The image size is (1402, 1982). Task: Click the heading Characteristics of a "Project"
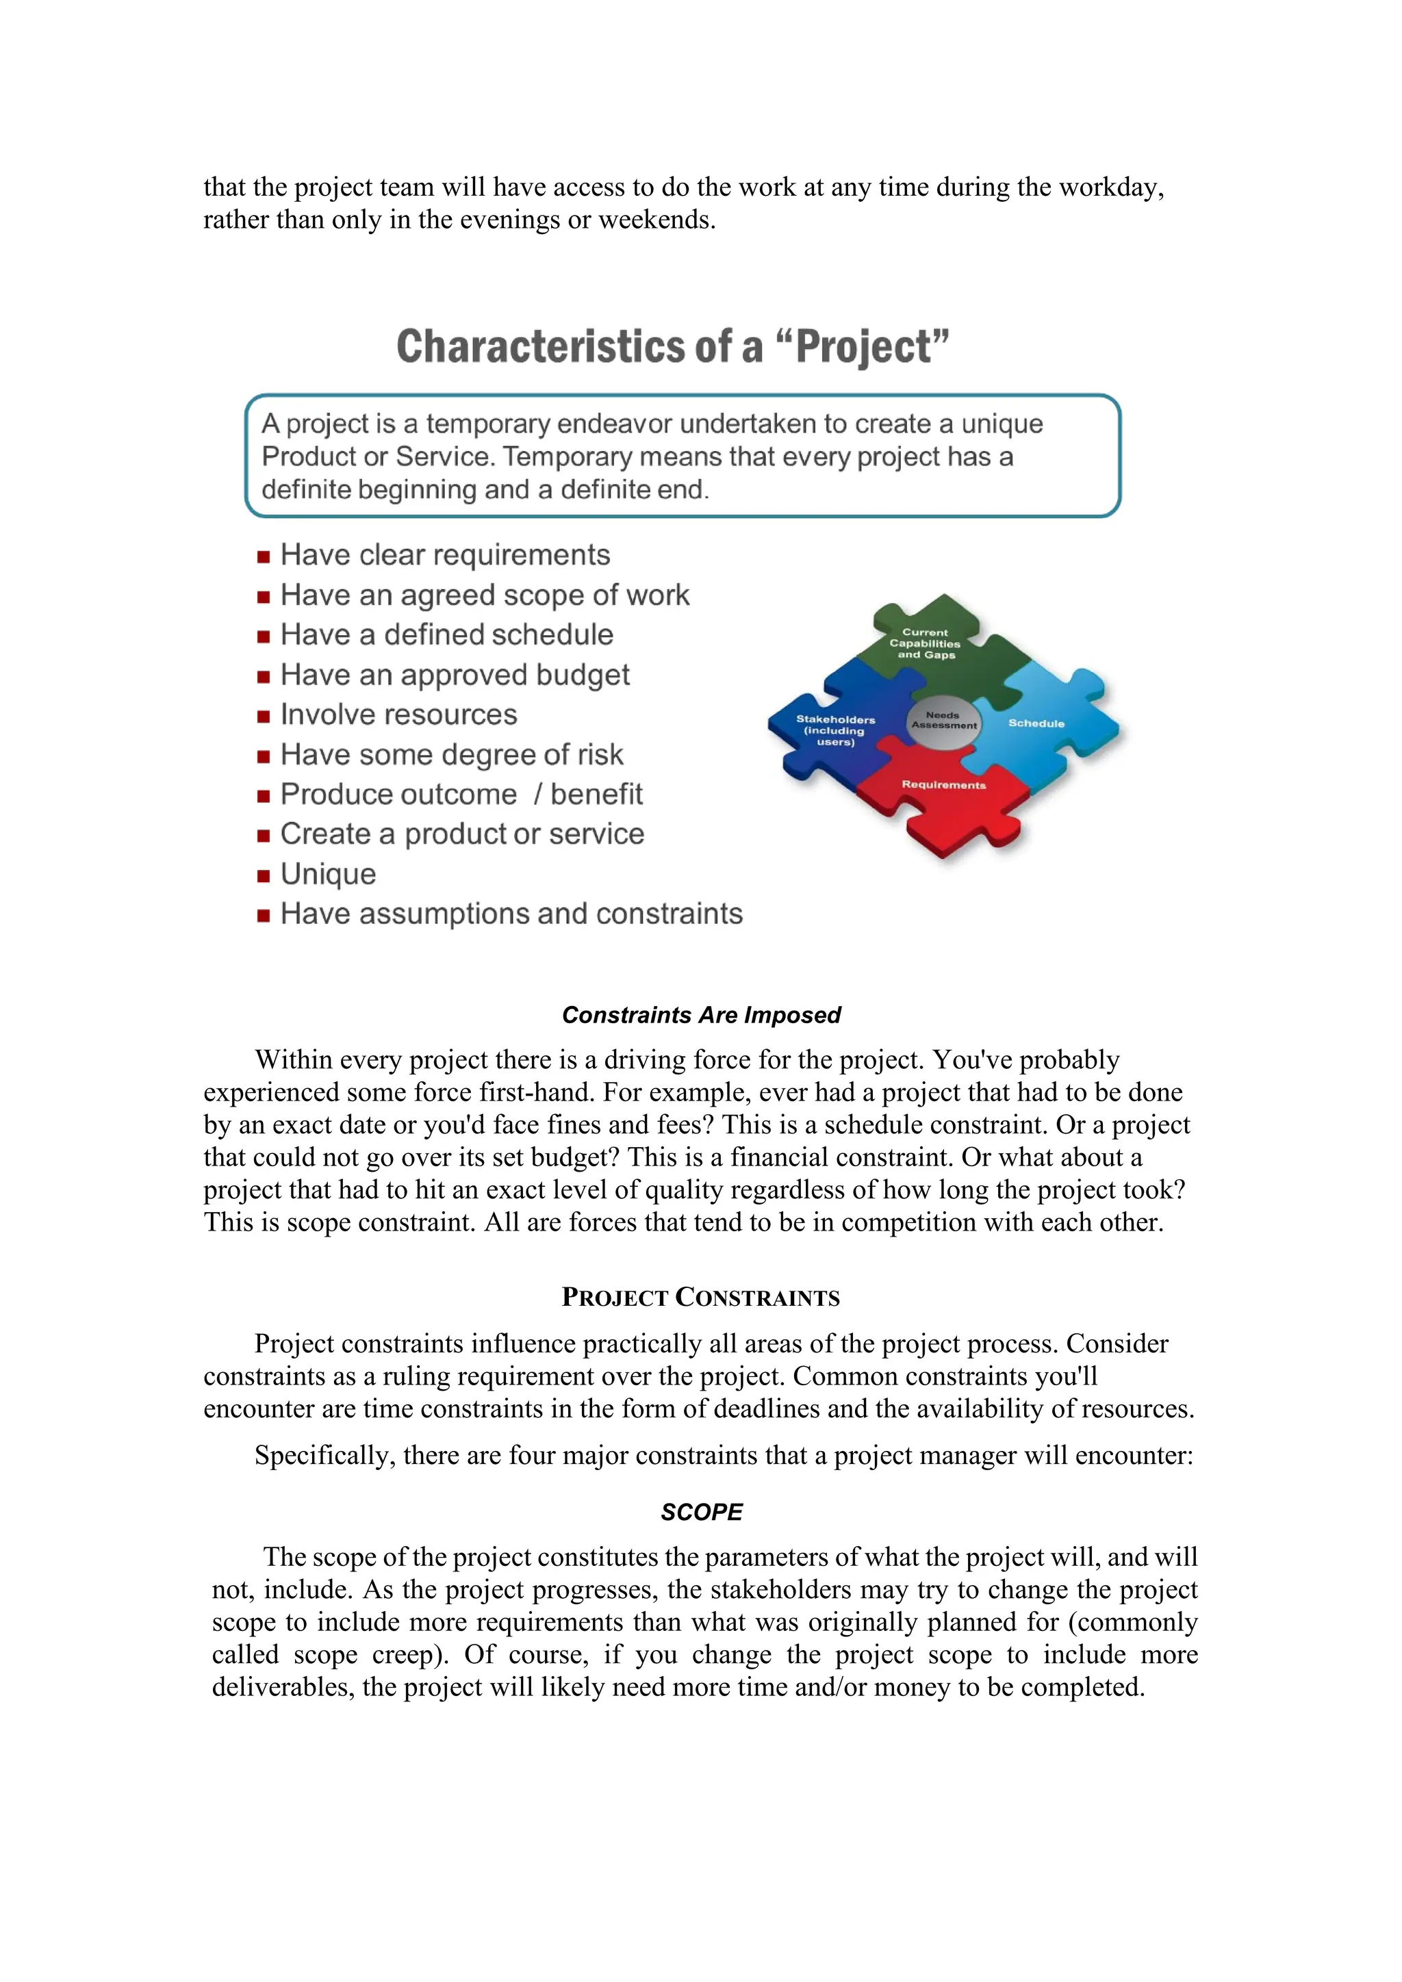pos(672,346)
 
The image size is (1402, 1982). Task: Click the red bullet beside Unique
pos(264,875)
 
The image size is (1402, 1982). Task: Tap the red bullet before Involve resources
pos(264,716)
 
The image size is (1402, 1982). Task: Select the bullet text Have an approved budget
pos(455,674)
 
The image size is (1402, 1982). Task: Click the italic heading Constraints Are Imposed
pos(701,1015)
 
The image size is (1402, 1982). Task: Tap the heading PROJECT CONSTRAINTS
pos(700,1298)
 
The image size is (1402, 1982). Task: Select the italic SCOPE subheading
pos(701,1513)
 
